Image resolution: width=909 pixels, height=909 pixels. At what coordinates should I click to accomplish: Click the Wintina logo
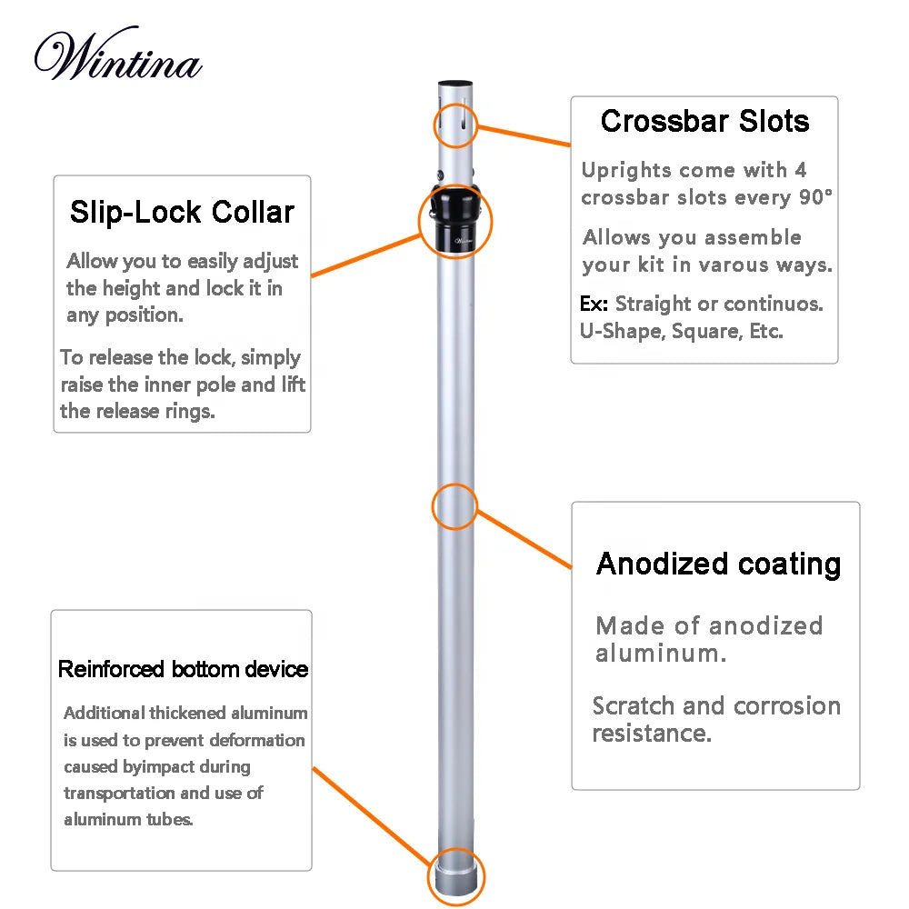click(x=118, y=57)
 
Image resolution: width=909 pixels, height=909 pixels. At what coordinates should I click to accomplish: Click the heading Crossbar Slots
click(x=704, y=121)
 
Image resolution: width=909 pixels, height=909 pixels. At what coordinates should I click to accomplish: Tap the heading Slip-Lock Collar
click(x=183, y=212)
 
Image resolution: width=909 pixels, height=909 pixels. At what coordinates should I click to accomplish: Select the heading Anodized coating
click(x=718, y=564)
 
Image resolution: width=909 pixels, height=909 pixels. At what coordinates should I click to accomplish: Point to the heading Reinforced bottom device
click(x=183, y=670)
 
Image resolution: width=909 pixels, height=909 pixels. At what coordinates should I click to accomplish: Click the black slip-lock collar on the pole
click(x=455, y=218)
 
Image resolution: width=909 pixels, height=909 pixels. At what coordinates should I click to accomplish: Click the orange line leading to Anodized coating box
click(x=524, y=539)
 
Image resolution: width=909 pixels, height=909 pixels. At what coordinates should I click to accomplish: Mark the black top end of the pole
click(x=455, y=85)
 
